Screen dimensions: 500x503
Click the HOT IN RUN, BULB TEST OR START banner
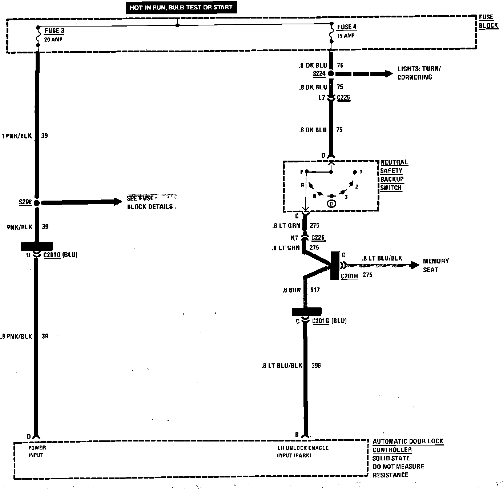[181, 7]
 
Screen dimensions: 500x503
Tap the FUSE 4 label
[347, 27]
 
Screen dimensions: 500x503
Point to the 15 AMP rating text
[346, 36]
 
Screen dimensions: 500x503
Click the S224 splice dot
[331, 74]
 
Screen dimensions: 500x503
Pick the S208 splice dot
[37, 202]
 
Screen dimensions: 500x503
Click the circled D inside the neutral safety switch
[331, 204]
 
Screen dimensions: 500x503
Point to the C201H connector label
[349, 277]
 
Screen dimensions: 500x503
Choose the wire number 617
[315, 290]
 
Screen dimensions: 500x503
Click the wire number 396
[316, 366]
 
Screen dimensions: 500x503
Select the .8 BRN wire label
[291, 290]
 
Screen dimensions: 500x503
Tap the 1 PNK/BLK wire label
[17, 136]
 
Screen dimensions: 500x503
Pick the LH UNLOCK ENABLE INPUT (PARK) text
[303, 452]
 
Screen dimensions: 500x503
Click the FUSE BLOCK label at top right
[488, 21]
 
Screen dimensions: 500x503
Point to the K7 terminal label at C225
[294, 238]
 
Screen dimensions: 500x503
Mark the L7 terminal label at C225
[321, 98]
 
